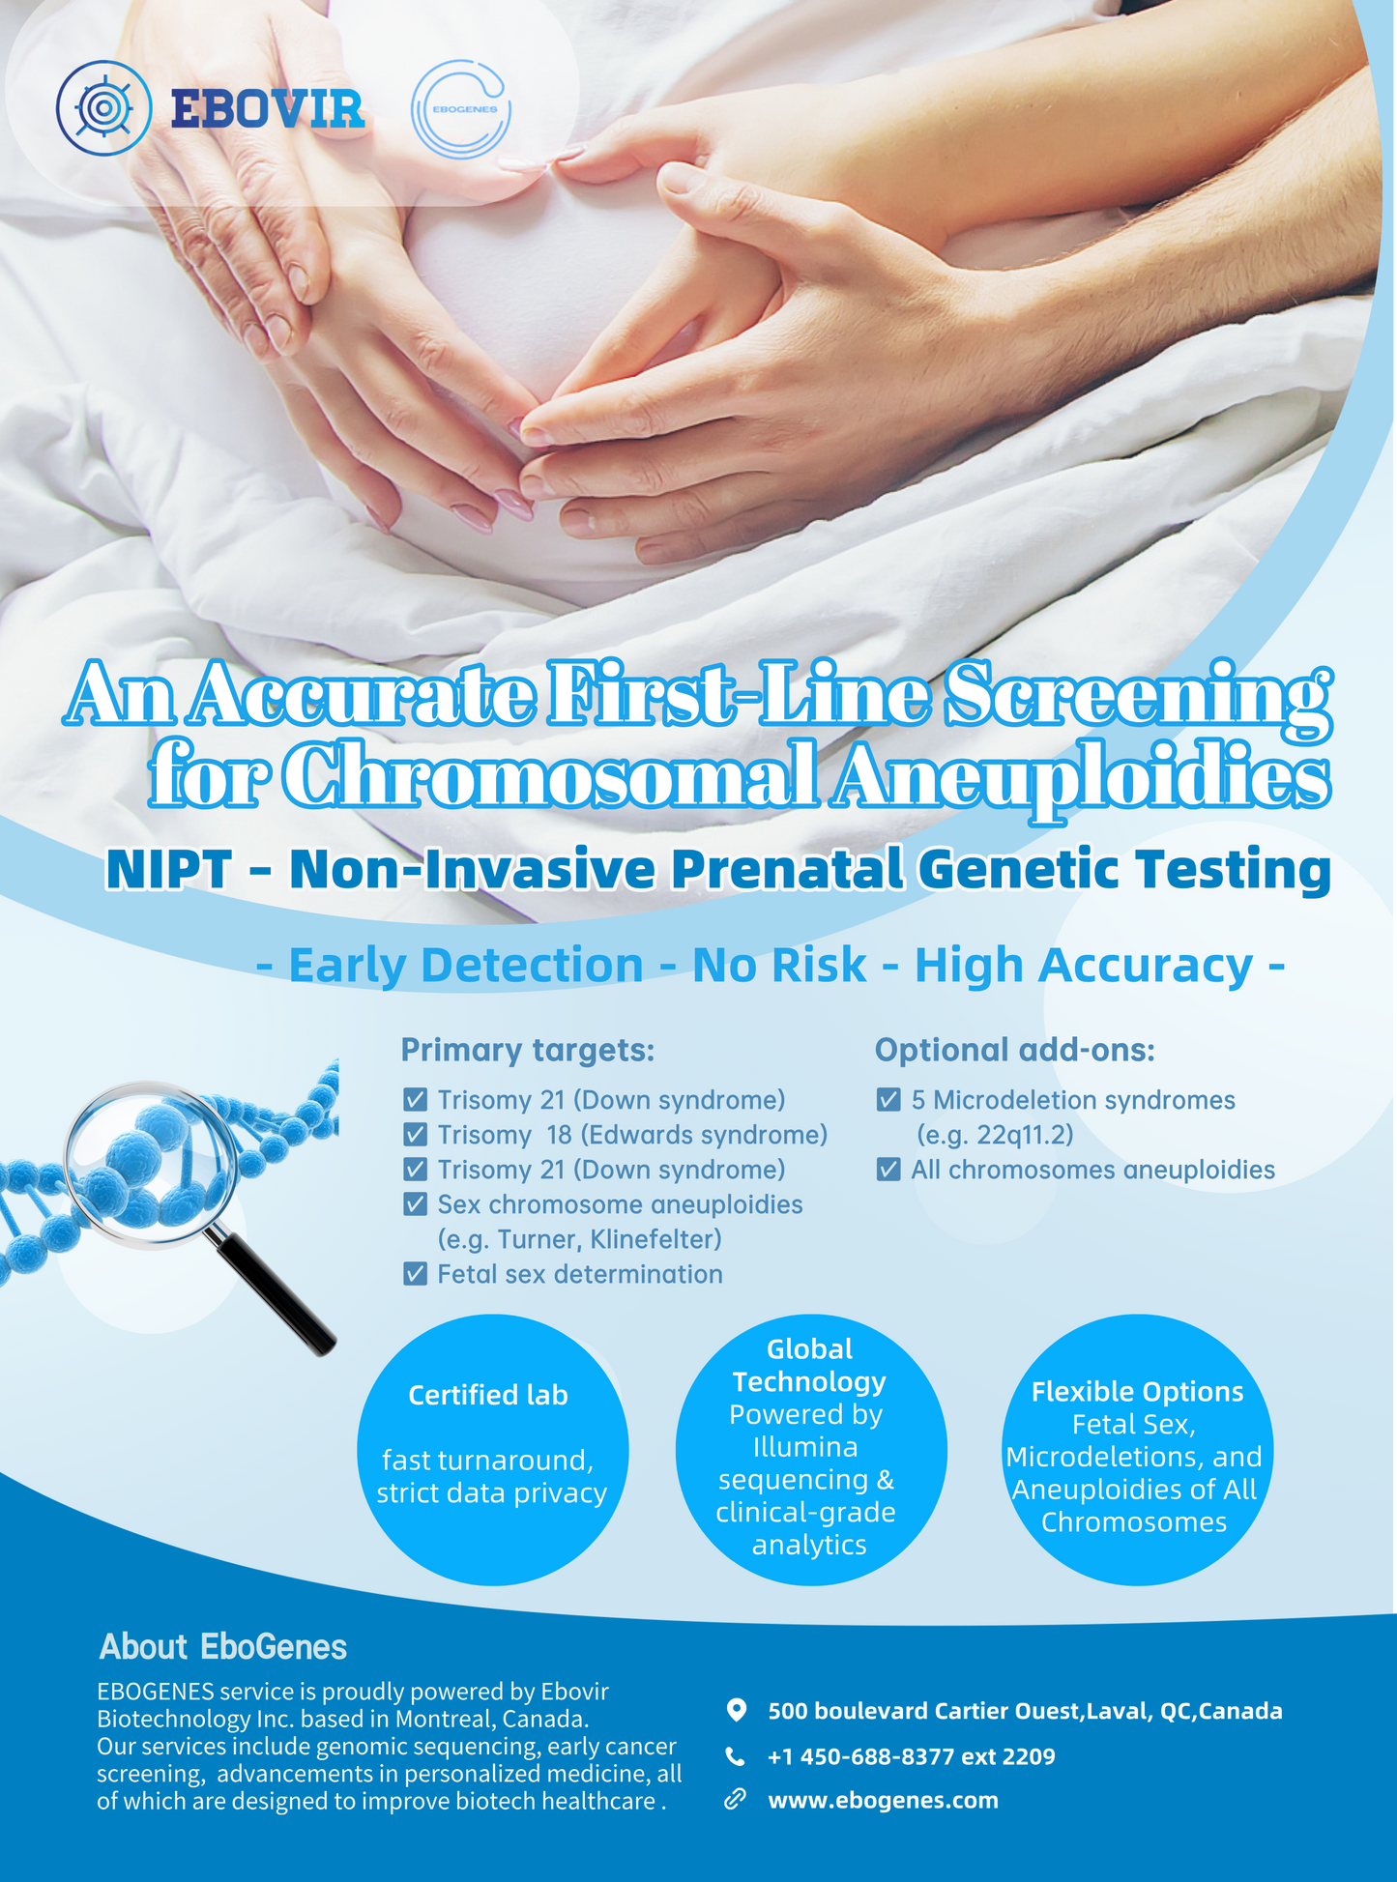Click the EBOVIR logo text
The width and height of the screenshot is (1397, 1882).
[x=268, y=108]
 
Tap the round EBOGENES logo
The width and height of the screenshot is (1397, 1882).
[x=461, y=109]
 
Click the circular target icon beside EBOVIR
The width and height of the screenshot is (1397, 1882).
[x=103, y=108]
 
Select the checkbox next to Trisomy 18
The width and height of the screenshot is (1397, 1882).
[x=415, y=1134]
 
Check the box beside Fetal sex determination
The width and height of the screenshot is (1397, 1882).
[x=415, y=1273]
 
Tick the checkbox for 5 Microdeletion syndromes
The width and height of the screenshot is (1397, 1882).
[x=888, y=1099]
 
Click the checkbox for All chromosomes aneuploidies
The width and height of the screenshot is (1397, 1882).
[x=888, y=1169]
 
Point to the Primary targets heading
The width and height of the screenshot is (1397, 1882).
[x=528, y=1050]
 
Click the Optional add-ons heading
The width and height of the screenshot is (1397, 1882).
[x=1015, y=1050]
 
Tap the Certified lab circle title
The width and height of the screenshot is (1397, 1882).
[x=488, y=1395]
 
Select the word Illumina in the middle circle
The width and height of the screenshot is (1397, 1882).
[x=805, y=1447]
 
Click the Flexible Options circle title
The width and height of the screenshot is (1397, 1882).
[x=1137, y=1392]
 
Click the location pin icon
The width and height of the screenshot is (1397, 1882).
[x=736, y=1710]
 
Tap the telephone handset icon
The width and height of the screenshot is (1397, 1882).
[x=736, y=1756]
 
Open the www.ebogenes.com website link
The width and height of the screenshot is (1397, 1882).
[x=883, y=1800]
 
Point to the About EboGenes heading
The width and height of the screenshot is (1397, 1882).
[x=223, y=1646]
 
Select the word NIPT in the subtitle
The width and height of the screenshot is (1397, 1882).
[x=169, y=869]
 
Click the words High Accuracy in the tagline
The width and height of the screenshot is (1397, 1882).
[x=1084, y=966]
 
